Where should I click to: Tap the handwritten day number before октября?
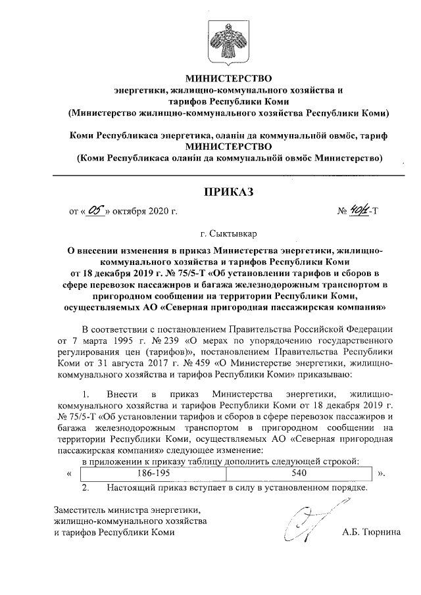point(97,211)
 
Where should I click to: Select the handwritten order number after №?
point(360,211)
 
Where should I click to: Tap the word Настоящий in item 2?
point(130,488)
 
